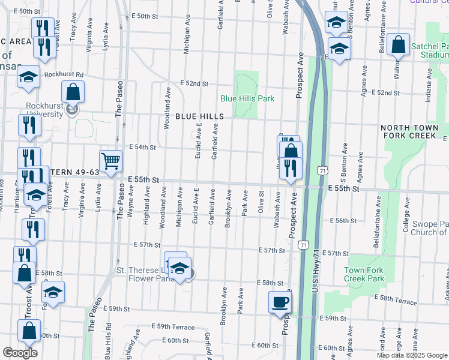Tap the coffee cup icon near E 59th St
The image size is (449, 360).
280,302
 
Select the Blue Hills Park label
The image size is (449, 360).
247,98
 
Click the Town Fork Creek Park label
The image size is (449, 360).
364,274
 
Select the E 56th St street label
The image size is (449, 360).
346,221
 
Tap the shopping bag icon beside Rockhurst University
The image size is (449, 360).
73,92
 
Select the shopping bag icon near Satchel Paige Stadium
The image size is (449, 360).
398,44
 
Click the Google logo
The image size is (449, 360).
20,353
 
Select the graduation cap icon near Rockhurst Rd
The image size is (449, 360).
28,77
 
